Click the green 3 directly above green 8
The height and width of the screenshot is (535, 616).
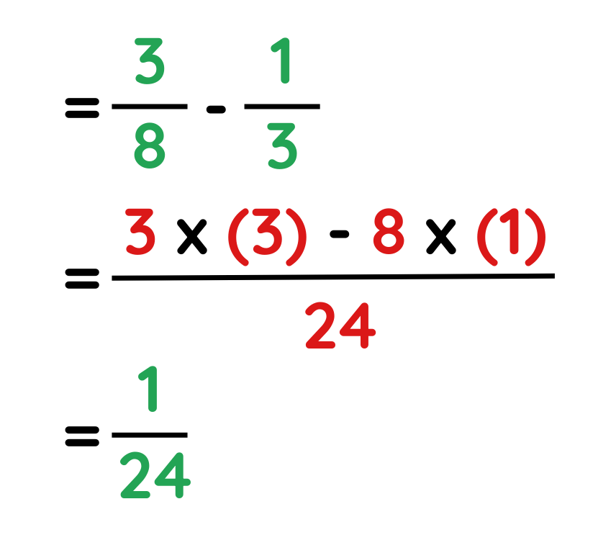[x=150, y=63]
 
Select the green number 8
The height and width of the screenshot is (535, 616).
[x=150, y=147]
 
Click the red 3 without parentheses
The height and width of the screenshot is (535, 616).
[x=141, y=232]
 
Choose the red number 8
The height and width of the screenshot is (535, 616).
[x=389, y=233]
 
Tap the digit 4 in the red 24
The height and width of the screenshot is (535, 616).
[x=358, y=326]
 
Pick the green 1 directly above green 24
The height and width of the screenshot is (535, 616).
[x=150, y=390]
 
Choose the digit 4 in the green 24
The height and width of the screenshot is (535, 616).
[x=173, y=475]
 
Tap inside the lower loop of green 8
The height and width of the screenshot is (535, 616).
[x=150, y=156]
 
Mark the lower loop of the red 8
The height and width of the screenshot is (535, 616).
[x=389, y=243]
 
